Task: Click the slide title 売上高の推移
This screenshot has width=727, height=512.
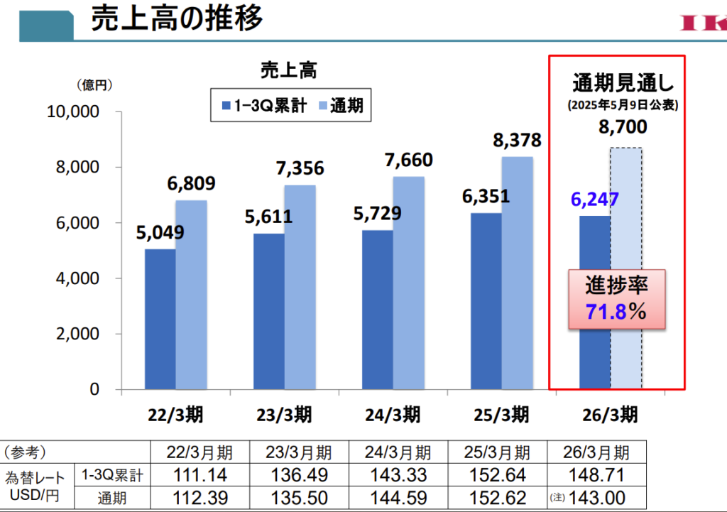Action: tap(177, 19)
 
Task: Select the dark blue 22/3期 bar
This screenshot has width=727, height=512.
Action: tap(160, 319)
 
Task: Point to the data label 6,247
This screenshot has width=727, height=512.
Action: tap(595, 200)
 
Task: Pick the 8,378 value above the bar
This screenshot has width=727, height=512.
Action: tap(517, 140)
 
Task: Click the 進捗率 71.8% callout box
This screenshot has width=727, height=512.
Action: tap(617, 299)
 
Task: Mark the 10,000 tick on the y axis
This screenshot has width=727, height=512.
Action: tap(73, 112)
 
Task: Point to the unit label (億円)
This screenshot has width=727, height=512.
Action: tap(95, 85)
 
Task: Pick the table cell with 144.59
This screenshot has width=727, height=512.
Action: tap(399, 498)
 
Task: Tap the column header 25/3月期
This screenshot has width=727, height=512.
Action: tap(498, 452)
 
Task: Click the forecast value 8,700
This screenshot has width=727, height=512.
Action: tap(623, 127)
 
